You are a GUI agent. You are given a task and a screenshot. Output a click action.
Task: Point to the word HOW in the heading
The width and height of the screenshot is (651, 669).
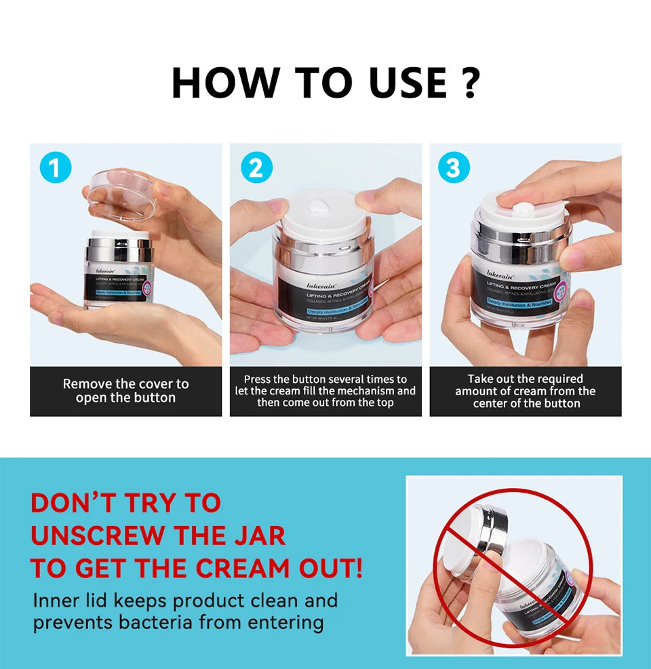click(x=224, y=83)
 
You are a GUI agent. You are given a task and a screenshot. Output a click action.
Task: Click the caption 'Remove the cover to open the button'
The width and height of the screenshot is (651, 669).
click(x=125, y=391)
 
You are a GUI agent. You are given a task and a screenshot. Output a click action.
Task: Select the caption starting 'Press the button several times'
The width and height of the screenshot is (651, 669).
click(x=325, y=391)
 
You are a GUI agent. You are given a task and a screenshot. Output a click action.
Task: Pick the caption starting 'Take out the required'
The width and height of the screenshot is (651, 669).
click(x=526, y=391)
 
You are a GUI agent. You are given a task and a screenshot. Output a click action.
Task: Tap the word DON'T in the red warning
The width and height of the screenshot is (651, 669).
click(x=72, y=503)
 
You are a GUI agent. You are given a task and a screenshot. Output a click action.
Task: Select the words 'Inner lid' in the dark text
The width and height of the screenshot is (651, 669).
click(x=64, y=601)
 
